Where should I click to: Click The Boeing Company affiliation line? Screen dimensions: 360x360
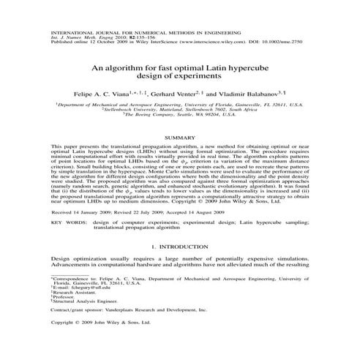click(179, 115)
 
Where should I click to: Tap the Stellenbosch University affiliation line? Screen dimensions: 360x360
click(179, 110)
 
